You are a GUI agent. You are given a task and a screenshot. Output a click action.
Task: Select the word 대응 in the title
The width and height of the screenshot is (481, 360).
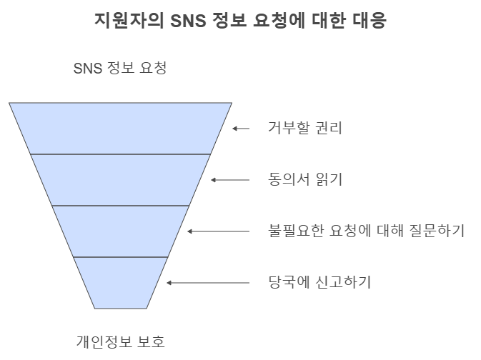coord(369,21)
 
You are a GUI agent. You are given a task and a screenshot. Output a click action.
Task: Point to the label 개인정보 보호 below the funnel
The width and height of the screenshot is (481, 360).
coord(120,341)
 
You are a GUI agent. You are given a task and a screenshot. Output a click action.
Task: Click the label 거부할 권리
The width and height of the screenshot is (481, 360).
coord(294,129)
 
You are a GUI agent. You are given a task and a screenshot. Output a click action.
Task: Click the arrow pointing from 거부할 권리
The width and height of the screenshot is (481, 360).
coord(241,129)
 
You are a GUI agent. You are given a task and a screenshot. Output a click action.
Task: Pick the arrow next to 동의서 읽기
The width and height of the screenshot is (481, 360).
coord(229,180)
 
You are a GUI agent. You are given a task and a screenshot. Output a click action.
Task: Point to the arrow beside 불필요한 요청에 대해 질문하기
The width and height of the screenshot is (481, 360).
coord(218,231)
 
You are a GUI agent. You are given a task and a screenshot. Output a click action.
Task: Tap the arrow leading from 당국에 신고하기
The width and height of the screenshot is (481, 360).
coord(207,282)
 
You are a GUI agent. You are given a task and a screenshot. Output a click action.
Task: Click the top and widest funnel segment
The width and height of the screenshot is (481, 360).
coord(120,129)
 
